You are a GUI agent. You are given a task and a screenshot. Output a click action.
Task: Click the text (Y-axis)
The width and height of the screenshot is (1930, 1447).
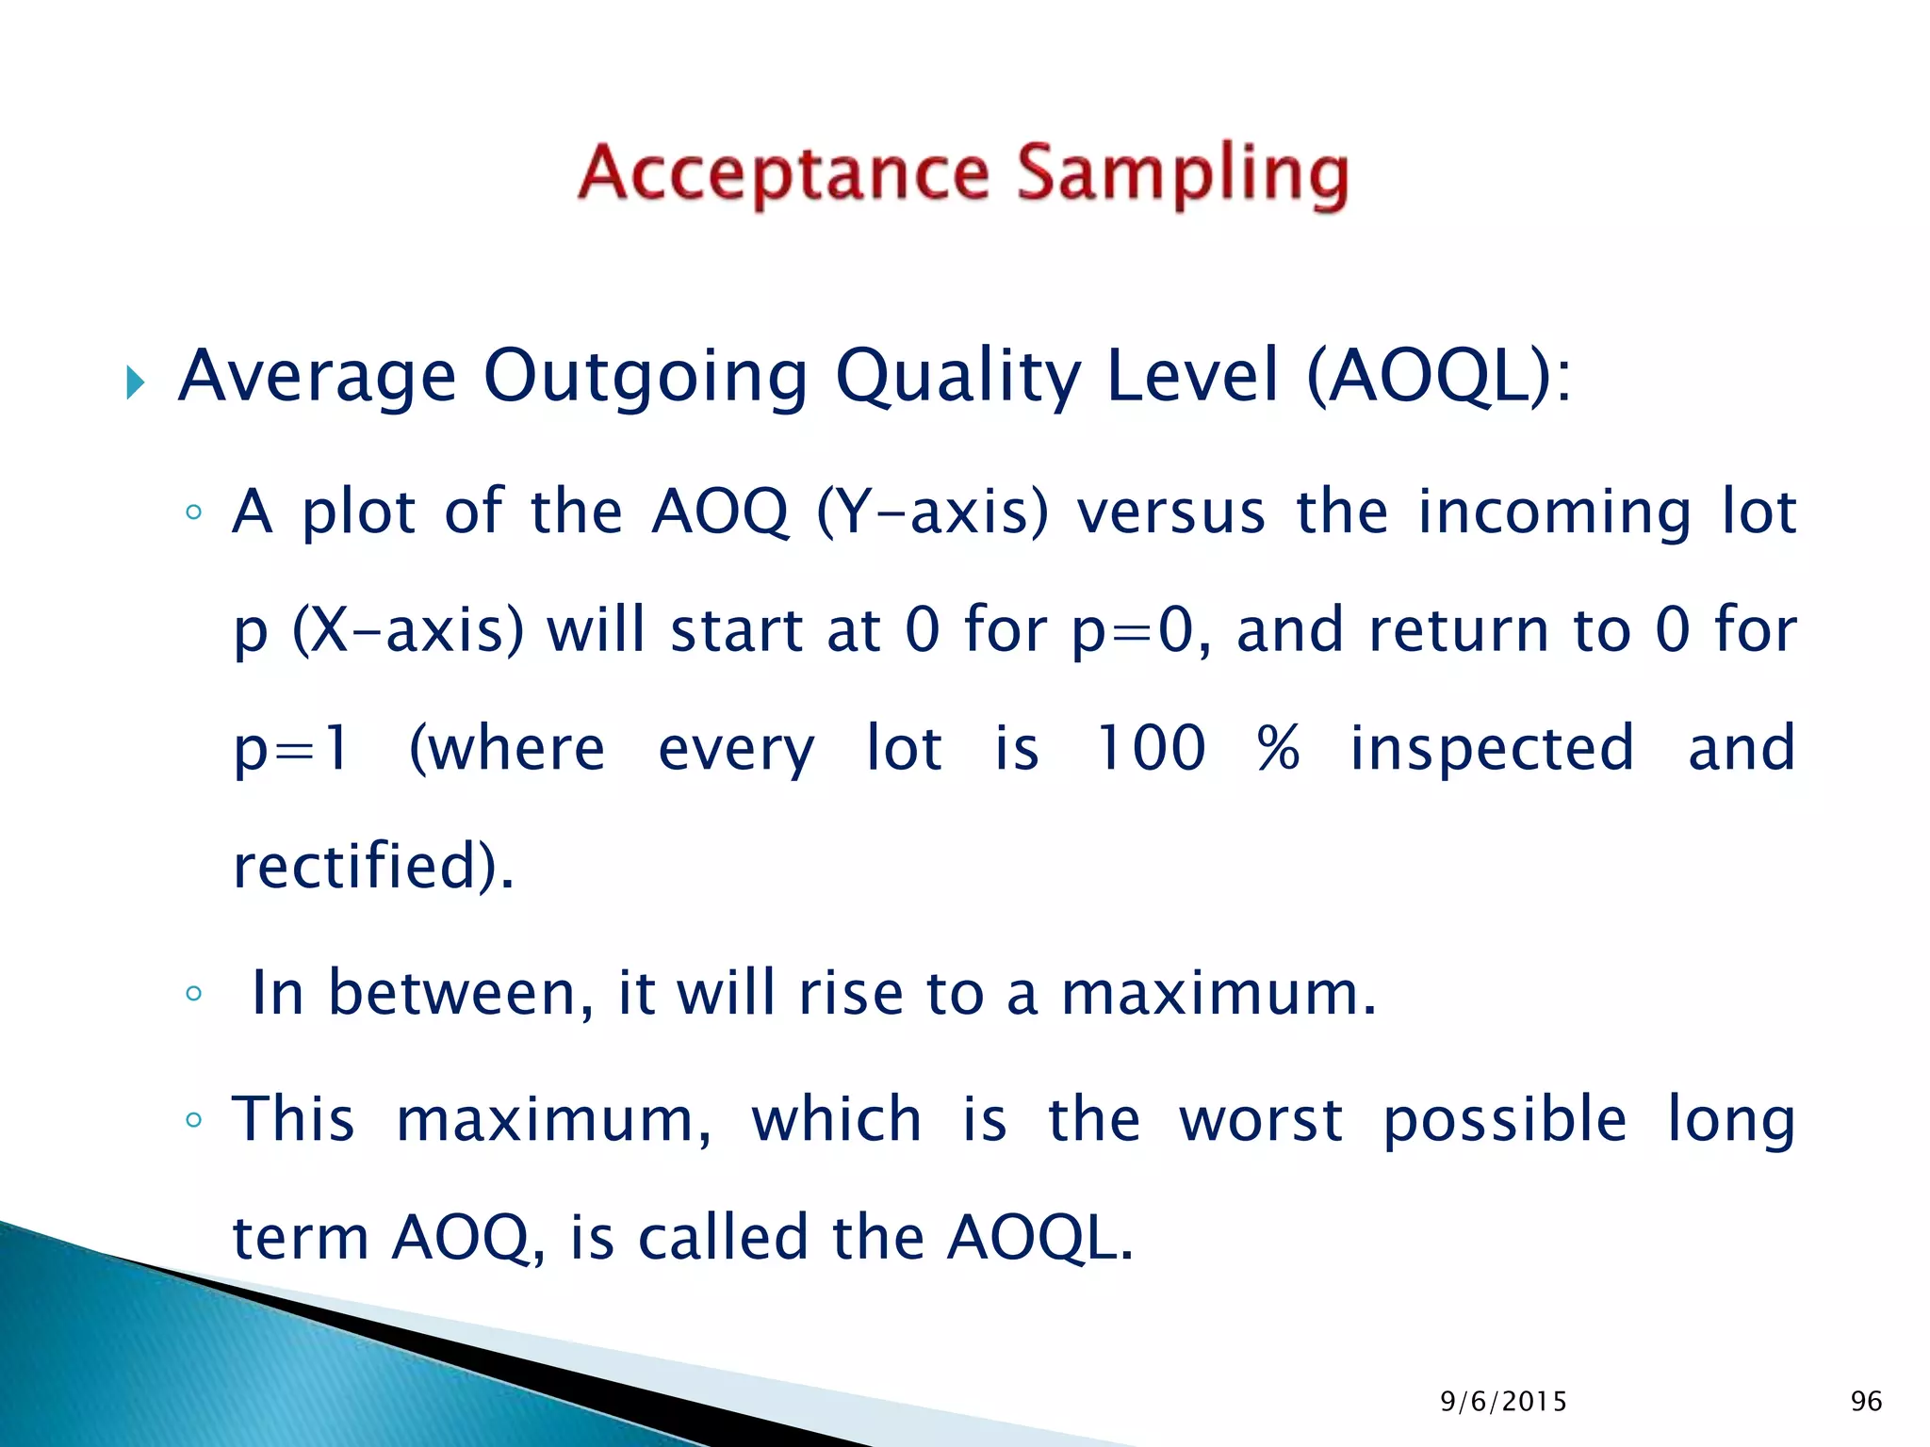[932, 513]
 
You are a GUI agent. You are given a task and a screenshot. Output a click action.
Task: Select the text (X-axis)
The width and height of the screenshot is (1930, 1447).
[407, 631]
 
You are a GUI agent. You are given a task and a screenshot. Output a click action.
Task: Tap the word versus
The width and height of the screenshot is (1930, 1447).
[1171, 513]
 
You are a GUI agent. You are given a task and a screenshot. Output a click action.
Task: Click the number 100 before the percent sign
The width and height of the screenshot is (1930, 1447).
[1150, 749]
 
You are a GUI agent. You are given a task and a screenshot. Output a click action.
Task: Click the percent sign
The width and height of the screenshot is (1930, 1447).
[1278, 749]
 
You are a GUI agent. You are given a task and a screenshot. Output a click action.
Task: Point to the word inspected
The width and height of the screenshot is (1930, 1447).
[1492, 749]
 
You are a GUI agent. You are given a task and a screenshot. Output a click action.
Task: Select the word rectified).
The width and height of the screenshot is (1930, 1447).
[373, 867]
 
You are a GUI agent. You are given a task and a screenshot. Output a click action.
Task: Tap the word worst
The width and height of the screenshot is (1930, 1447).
[1261, 1120]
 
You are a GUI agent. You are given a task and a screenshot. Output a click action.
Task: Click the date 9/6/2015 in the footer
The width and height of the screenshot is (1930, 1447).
[1503, 1402]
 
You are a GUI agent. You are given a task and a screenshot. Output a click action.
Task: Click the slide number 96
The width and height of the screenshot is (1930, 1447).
[1866, 1402]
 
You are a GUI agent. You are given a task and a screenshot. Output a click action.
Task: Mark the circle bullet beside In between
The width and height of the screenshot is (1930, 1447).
[194, 994]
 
